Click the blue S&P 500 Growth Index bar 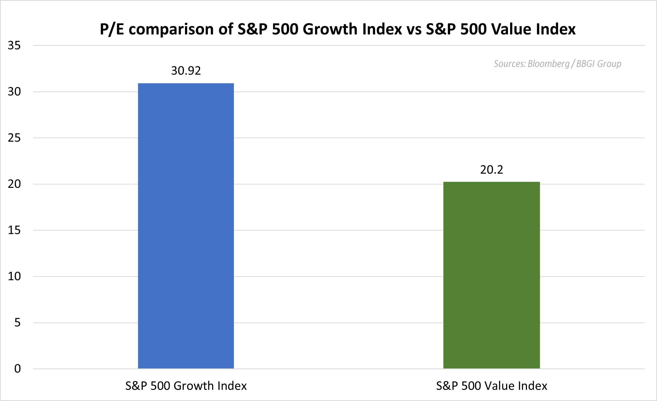point(186,226)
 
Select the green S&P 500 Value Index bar point(491,275)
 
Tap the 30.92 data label point(186,71)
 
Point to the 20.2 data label point(491,170)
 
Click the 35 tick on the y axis point(14,46)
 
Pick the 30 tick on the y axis point(14,92)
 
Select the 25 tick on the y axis point(14,138)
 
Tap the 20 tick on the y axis point(14,184)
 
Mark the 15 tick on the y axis point(14,230)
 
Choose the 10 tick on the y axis point(14,276)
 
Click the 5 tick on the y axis point(17,322)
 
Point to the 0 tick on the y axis point(17,369)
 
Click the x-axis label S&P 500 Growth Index point(186,386)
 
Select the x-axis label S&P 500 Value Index point(491,386)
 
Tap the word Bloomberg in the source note point(548,64)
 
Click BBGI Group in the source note point(599,64)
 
